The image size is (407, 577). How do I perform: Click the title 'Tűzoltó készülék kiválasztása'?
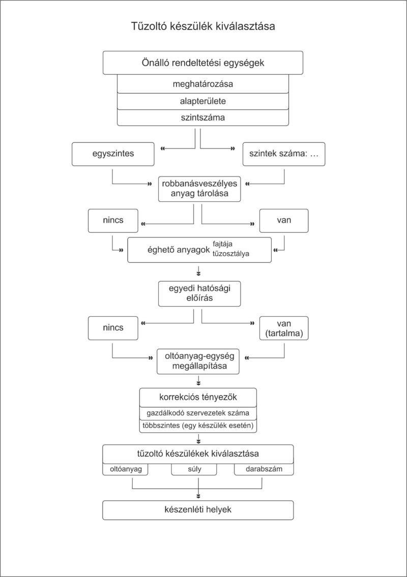pyautogui.click(x=203, y=26)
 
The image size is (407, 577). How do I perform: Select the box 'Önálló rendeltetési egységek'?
pyautogui.click(x=203, y=63)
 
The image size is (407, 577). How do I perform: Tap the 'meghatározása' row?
pyautogui.click(x=203, y=84)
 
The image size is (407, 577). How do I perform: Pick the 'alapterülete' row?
pyautogui.click(x=203, y=101)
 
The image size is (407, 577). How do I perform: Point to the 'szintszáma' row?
pyautogui.click(x=203, y=118)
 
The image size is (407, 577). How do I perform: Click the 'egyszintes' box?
pyautogui.click(x=113, y=154)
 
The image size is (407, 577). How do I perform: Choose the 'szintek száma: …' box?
pyautogui.click(x=284, y=154)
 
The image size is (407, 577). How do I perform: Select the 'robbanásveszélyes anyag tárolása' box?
pyautogui.click(x=199, y=189)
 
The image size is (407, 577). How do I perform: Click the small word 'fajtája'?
pyautogui.click(x=222, y=244)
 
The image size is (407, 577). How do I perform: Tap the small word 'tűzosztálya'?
pyautogui.click(x=231, y=254)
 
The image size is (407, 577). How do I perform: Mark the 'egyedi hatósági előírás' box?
pyautogui.click(x=199, y=294)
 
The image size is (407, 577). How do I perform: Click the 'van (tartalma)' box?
pyautogui.click(x=284, y=328)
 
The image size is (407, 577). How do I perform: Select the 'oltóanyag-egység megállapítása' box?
pyautogui.click(x=198, y=361)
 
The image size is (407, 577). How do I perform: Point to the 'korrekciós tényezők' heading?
pyautogui.click(x=198, y=398)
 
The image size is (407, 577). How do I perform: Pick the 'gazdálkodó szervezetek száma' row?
pyautogui.click(x=198, y=413)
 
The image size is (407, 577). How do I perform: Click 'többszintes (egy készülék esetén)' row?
pyautogui.click(x=198, y=426)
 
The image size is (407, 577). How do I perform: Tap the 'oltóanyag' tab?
pyautogui.click(x=126, y=469)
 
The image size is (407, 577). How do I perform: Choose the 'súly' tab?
pyautogui.click(x=194, y=469)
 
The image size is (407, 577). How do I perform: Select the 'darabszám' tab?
pyautogui.click(x=264, y=469)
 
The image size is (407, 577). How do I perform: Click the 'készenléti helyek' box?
pyautogui.click(x=198, y=510)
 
